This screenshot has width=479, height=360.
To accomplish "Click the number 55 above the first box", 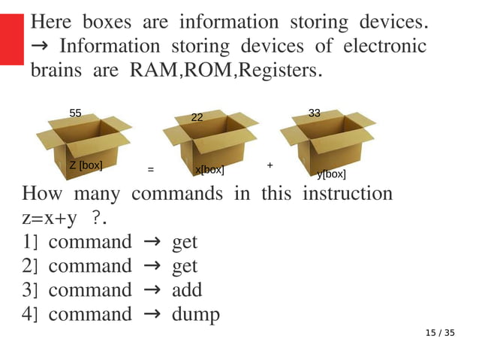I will (x=75, y=113).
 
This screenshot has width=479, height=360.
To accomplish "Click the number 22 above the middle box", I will (x=197, y=117).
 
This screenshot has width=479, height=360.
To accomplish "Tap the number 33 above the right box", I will (x=315, y=113).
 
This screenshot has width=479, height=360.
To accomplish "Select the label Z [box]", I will (x=86, y=165).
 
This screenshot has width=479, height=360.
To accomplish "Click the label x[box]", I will (x=209, y=170).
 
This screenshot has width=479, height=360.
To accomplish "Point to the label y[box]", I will (x=331, y=174).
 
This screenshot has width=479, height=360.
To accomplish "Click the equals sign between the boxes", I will (x=150, y=170).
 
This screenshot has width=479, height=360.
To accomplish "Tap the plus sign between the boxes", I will (x=270, y=164).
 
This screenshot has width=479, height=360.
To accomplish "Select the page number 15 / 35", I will (x=440, y=333).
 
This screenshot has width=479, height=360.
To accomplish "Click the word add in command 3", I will (x=187, y=289).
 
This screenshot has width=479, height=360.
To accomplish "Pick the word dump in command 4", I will (x=196, y=313).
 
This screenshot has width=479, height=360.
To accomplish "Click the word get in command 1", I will (x=185, y=242).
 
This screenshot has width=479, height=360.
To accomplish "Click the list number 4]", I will (x=30, y=313).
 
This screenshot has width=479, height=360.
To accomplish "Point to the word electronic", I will (x=384, y=47).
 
